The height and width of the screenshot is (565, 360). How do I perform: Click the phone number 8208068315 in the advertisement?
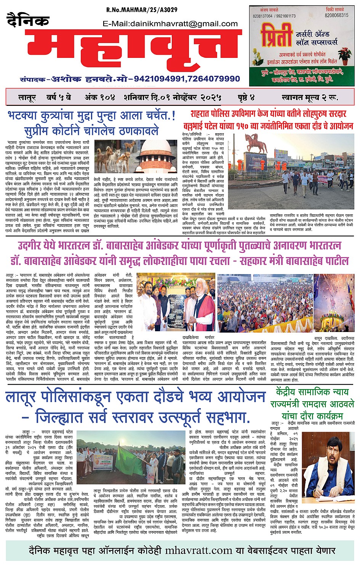[x=336, y=16]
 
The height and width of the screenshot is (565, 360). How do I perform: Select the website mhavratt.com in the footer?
[x=198, y=551]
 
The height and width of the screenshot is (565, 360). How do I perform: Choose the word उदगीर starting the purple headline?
[x=31, y=245]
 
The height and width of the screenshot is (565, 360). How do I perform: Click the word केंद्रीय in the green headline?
[x=290, y=391]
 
